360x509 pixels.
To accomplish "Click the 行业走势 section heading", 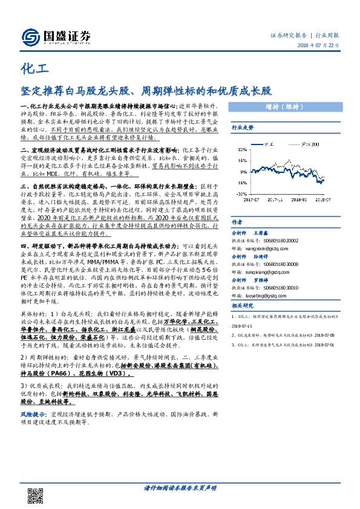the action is [x=243, y=128].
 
